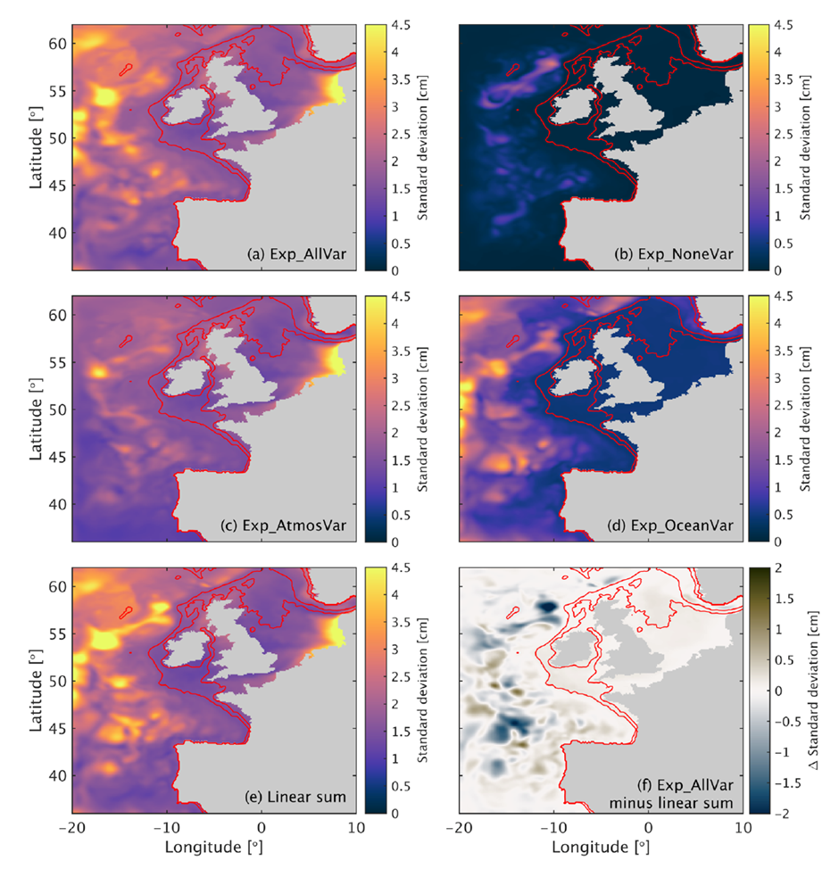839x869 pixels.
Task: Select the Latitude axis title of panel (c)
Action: pos(37,417)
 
